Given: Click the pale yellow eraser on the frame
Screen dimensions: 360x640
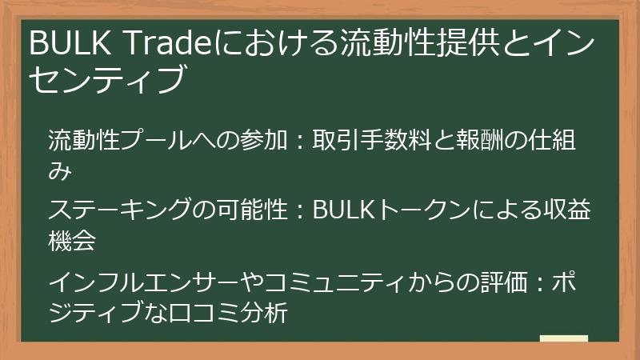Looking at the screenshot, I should click(x=564, y=339).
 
